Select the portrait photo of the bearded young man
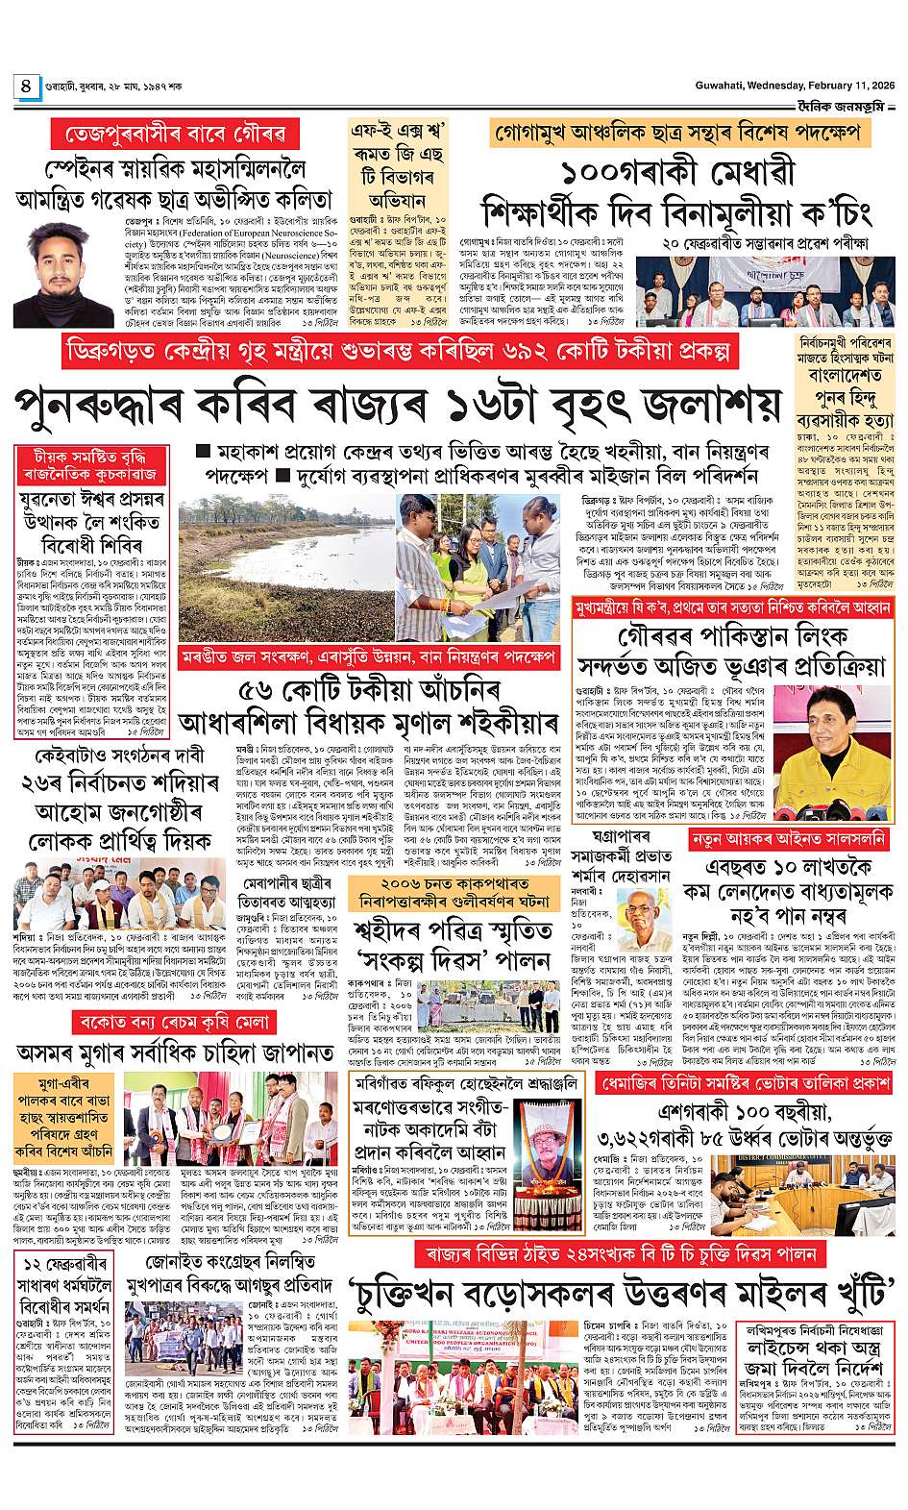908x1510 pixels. [x=63, y=275]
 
